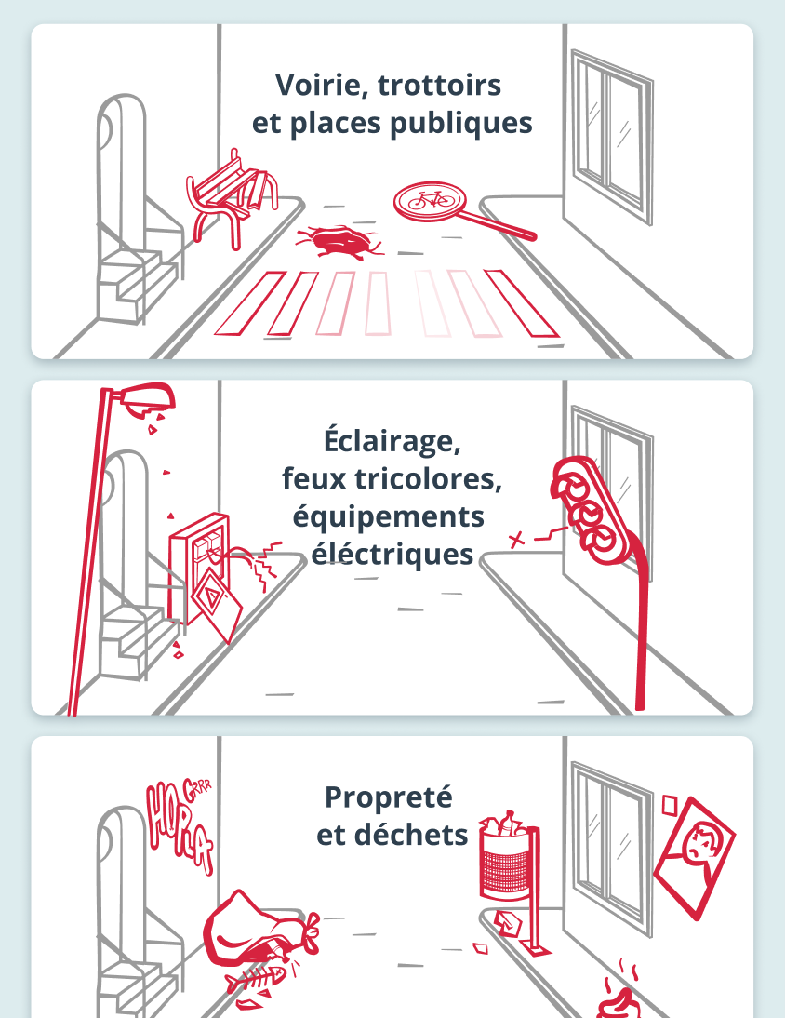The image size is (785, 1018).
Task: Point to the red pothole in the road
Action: (337, 241)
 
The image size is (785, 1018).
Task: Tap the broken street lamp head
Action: (148, 399)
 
